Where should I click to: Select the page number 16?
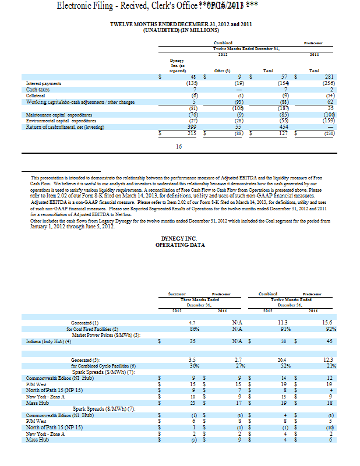(x=179, y=146)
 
